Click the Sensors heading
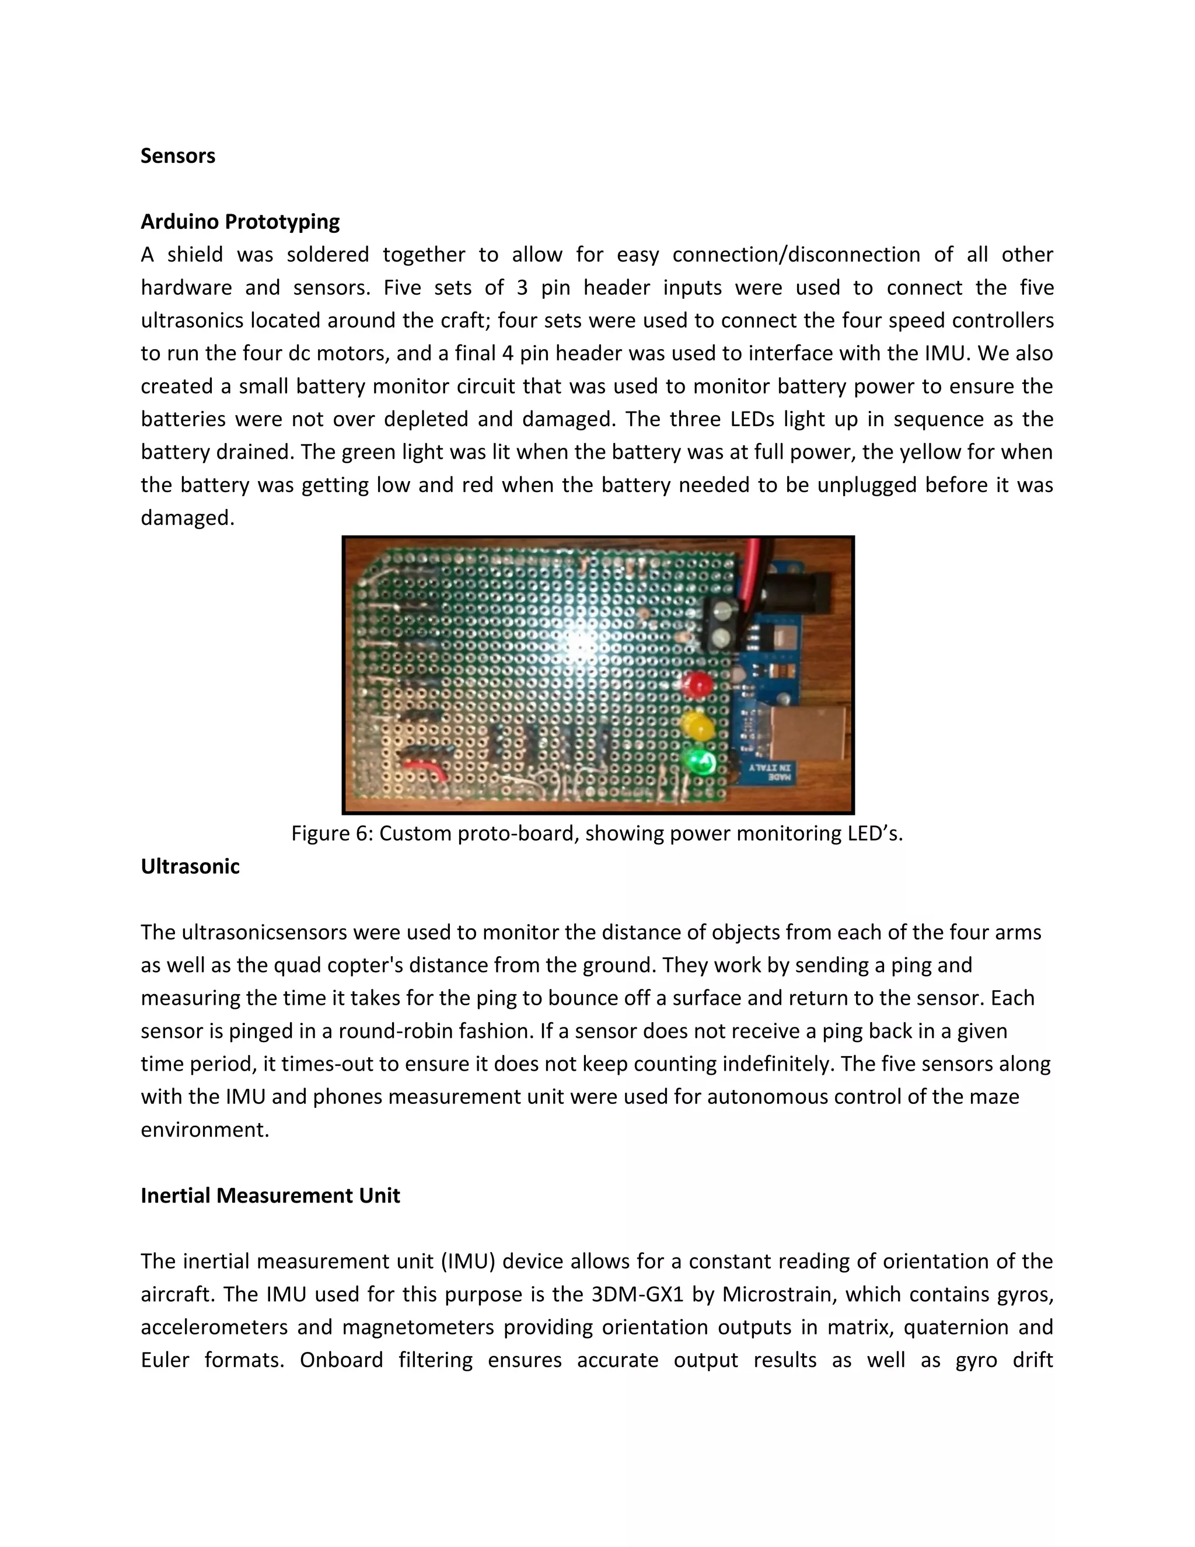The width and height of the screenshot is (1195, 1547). click(x=178, y=156)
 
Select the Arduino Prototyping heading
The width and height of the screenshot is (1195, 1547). click(x=240, y=222)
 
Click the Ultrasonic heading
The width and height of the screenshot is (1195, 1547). click(x=190, y=866)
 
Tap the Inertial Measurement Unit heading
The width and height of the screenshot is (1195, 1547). click(x=270, y=1196)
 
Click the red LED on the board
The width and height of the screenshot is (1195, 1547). click(x=698, y=684)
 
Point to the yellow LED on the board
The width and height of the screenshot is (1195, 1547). click(x=697, y=727)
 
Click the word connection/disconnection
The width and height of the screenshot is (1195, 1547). click(x=796, y=255)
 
